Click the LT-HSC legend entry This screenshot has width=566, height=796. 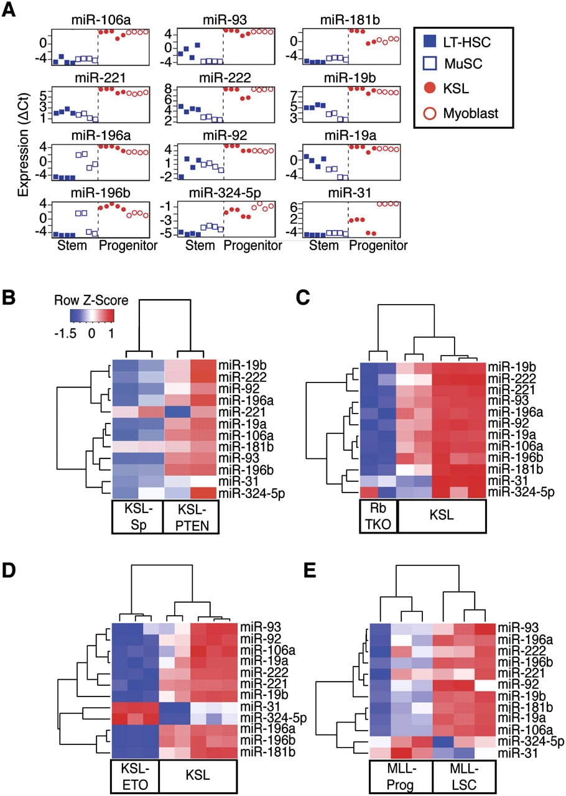click(457, 42)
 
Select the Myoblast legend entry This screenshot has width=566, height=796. click(461, 113)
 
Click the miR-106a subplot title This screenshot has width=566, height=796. click(101, 20)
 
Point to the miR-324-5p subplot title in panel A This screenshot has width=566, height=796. click(225, 193)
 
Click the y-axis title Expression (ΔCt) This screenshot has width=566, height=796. click(23, 145)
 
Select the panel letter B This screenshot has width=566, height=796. click(9, 297)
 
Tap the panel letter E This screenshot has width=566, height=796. click(310, 570)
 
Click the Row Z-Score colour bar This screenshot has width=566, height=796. click(92, 315)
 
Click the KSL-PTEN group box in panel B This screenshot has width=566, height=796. click(191, 517)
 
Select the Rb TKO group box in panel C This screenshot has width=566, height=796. click(378, 516)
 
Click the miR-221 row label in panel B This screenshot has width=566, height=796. click(242, 412)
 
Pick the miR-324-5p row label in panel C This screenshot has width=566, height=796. click(521, 492)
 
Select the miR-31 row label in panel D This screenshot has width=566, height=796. click(260, 707)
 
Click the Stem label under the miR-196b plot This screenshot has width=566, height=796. click(72, 246)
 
